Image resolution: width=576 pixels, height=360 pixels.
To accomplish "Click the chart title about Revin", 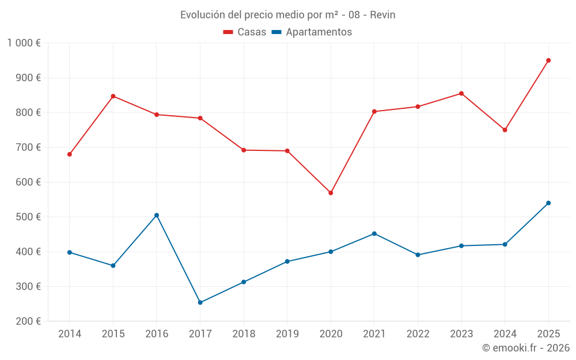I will point(287,15).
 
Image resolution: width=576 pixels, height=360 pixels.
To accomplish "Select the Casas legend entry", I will point(245,32).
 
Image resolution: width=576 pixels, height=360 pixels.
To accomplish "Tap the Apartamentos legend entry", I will point(312,32).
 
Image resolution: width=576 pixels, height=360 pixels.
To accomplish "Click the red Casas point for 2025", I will point(548,60).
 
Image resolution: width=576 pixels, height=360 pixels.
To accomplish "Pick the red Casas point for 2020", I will point(331,193).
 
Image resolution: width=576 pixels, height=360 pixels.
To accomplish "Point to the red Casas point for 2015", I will point(113,96).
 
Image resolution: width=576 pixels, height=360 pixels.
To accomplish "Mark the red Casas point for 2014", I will point(70,154).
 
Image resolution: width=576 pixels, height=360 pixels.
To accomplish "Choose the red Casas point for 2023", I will point(461,93).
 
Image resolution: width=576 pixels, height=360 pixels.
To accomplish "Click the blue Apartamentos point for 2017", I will point(200,302).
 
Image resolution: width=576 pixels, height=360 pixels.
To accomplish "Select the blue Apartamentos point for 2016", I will point(157,215).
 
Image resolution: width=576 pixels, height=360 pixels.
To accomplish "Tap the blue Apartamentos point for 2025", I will point(548,203).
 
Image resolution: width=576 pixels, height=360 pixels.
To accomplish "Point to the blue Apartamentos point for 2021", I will point(374,234).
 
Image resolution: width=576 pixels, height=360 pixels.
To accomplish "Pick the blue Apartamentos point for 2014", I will point(70,252).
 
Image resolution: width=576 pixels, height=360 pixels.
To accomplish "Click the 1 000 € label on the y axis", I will point(24,43).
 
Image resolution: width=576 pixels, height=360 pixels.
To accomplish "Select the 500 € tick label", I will point(29,217).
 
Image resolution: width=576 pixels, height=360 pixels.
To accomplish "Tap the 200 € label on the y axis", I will point(29,321).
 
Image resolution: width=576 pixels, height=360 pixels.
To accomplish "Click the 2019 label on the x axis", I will point(287,334).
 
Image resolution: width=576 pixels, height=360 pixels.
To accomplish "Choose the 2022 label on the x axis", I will point(418,334).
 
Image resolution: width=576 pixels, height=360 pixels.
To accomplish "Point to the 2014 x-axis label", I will point(70,334).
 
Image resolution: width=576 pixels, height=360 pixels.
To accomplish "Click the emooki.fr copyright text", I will point(526,348).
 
